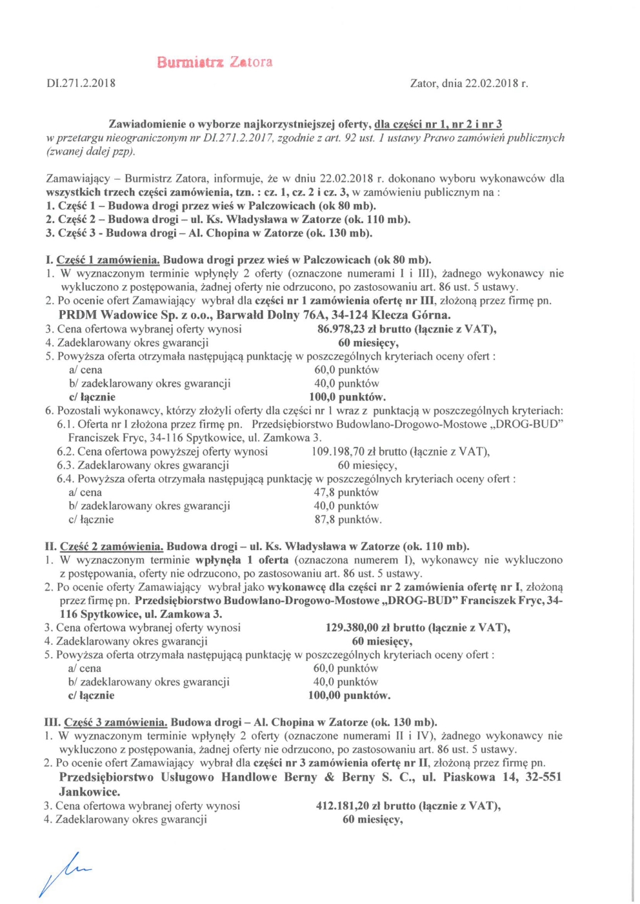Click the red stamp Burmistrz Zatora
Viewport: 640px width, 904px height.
214,63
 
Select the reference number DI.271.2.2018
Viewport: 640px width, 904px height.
81,83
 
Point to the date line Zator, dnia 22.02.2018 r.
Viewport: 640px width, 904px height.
469,83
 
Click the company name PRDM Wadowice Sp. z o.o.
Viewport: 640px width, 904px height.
135,315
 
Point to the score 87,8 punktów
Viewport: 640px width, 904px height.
348,519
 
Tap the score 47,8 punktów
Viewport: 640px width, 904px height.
346,492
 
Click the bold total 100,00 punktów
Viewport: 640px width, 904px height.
349,695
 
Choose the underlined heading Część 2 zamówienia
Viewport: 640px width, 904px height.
111,546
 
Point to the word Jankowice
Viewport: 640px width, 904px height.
89,792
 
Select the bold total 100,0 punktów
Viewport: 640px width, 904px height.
347,397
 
